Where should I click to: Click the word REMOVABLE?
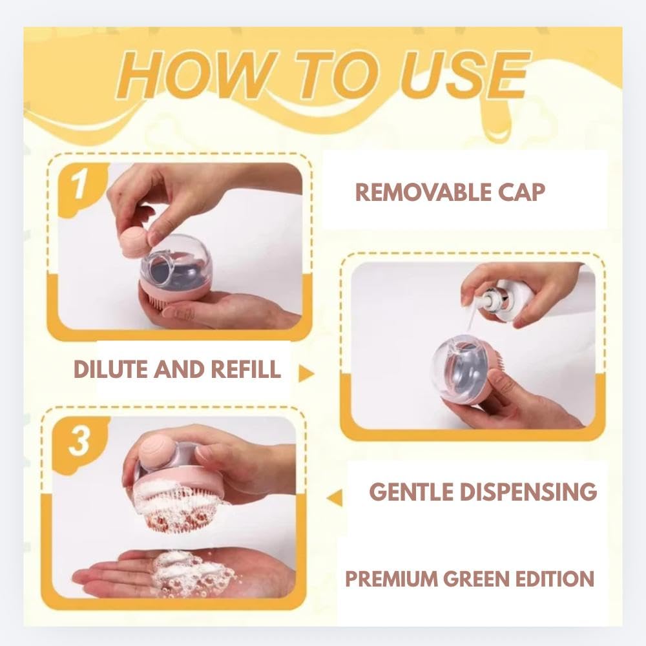point(422,193)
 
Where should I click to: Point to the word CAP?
point(520,193)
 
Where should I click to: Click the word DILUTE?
point(110,369)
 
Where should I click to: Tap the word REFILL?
point(245,369)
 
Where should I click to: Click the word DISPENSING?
point(528,492)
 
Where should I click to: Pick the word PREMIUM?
point(391,578)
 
